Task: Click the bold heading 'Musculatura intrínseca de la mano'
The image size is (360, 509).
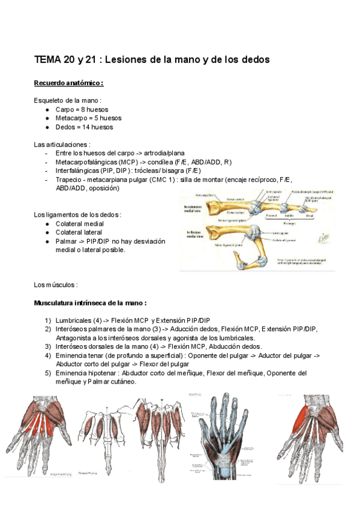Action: [x=91, y=303]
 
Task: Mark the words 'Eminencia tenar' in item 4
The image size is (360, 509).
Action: [x=81, y=355]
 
